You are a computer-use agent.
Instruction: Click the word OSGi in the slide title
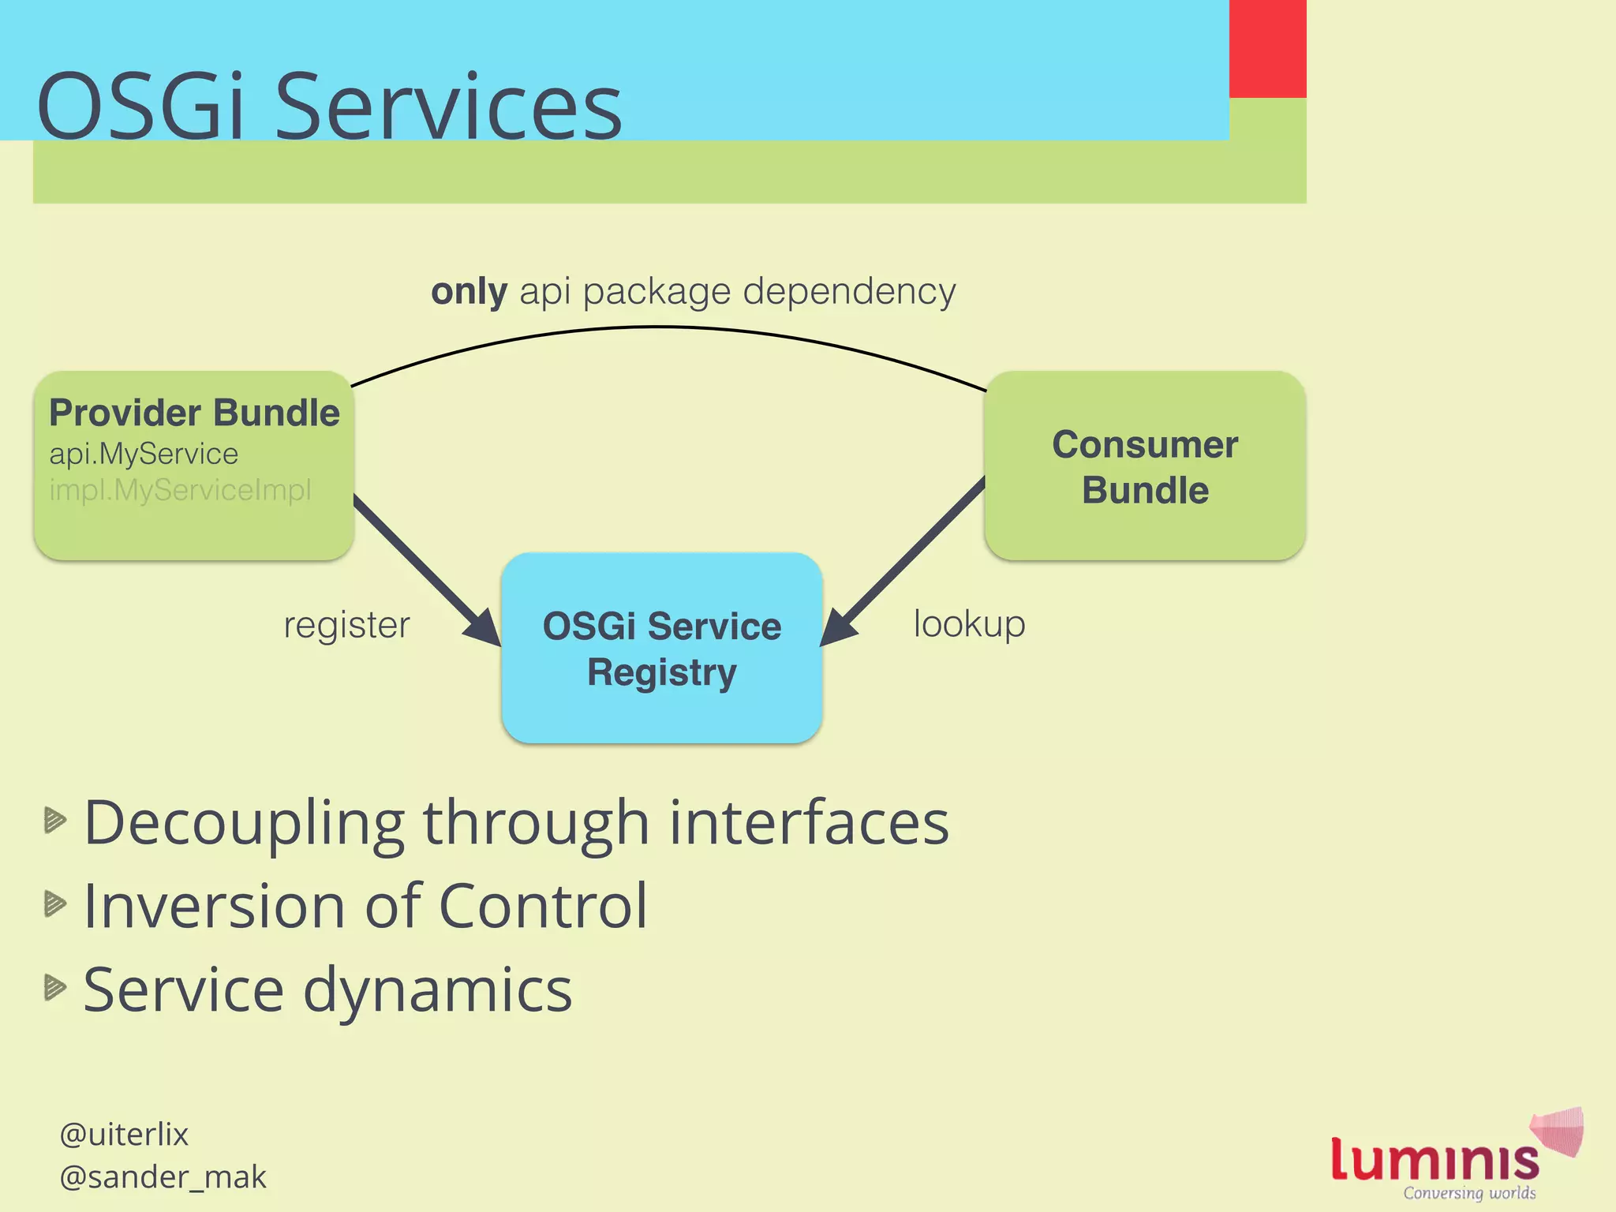pyautogui.click(x=142, y=107)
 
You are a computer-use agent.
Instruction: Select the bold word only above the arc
pyautogui.click(x=469, y=292)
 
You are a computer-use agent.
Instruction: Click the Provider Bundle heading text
pyautogui.click(x=194, y=413)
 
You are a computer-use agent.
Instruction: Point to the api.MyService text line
pyautogui.click(x=144, y=454)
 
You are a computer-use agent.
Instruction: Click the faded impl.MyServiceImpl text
pyautogui.click(x=180, y=491)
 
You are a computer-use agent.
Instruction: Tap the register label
pyautogui.click(x=346, y=625)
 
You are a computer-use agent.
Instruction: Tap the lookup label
pyautogui.click(x=969, y=623)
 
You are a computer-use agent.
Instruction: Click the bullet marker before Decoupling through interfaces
pyautogui.click(x=54, y=821)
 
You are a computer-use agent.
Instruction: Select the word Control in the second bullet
pyautogui.click(x=542, y=906)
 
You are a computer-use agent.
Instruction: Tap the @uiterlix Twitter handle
pyautogui.click(x=124, y=1135)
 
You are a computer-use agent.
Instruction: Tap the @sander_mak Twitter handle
pyautogui.click(x=163, y=1177)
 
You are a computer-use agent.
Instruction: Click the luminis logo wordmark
pyautogui.click(x=1435, y=1160)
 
